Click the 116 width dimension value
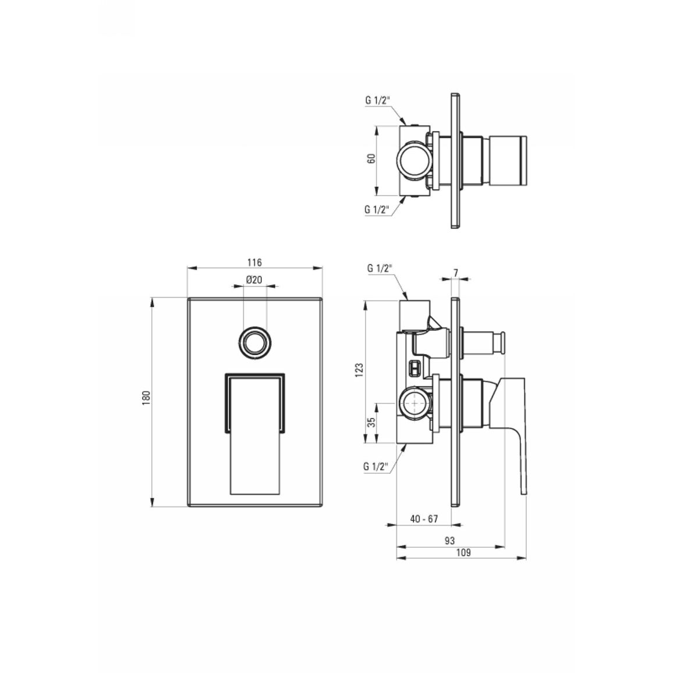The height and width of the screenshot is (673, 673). click(254, 262)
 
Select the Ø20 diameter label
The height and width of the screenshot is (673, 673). click(254, 280)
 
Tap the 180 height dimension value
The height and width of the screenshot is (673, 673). click(146, 398)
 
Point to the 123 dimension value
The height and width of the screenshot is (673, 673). click(359, 370)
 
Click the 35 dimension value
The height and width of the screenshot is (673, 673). click(371, 422)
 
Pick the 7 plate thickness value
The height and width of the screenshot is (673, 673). click(455, 273)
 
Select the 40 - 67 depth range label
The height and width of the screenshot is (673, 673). click(424, 519)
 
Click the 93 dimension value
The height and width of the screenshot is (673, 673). click(449, 541)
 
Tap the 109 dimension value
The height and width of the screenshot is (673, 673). click(463, 552)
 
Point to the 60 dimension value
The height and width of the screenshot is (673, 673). click(371, 158)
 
